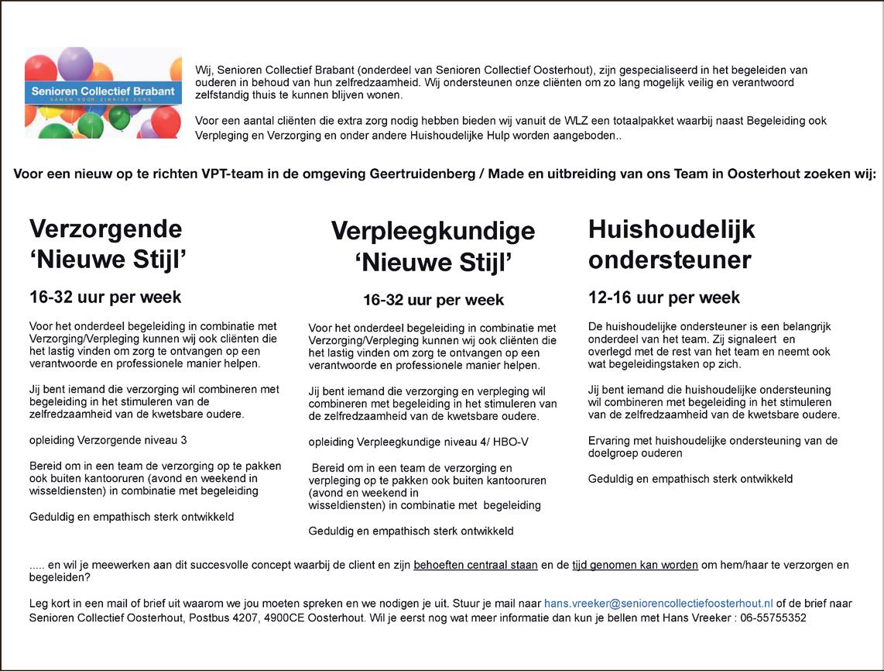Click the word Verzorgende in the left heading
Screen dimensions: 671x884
(105, 229)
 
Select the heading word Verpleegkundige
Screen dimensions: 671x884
(433, 231)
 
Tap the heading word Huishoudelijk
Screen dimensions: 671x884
(671, 229)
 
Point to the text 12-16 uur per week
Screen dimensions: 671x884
(663, 298)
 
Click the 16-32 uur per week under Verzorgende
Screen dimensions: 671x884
(105, 298)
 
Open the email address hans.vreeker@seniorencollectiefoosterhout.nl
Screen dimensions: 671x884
(658, 604)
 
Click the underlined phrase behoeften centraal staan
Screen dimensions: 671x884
(475, 565)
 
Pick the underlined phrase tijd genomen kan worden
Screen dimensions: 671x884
(635, 565)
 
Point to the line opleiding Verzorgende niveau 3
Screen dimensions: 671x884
(108, 440)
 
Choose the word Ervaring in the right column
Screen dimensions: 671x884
(608, 441)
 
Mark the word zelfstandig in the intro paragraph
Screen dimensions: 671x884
(224, 95)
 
